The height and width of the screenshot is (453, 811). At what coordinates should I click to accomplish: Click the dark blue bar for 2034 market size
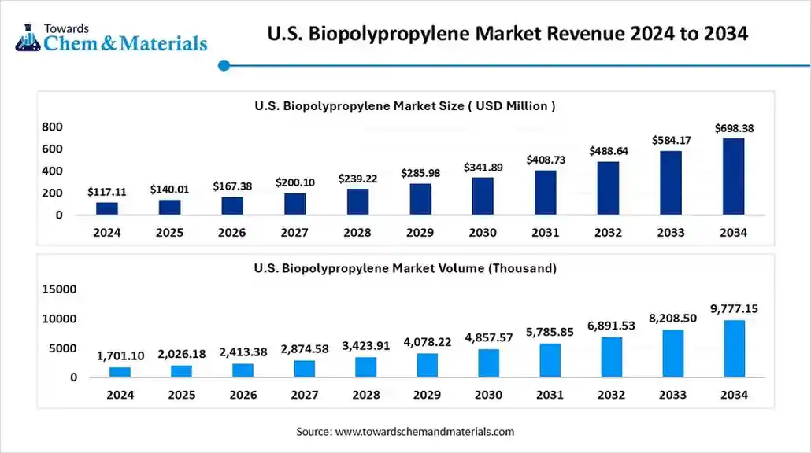coord(734,177)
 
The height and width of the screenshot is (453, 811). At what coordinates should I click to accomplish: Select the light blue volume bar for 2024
coord(120,372)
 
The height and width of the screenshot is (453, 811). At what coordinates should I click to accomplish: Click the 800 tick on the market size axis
coord(52,127)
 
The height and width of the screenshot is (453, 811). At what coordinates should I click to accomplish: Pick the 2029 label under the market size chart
coord(420,233)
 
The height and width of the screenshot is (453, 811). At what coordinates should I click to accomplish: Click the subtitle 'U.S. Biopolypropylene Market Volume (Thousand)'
coord(405,268)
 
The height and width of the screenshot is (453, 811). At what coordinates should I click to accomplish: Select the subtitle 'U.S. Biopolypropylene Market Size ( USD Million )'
coord(405,106)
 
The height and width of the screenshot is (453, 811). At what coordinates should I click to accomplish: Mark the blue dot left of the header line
coord(224,66)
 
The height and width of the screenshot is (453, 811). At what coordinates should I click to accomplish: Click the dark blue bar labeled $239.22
coord(357,202)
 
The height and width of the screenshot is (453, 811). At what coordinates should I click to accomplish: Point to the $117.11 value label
coord(106,193)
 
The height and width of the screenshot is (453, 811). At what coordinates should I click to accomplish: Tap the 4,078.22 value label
coord(420,342)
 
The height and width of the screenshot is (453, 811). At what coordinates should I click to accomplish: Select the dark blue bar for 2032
coord(608,189)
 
